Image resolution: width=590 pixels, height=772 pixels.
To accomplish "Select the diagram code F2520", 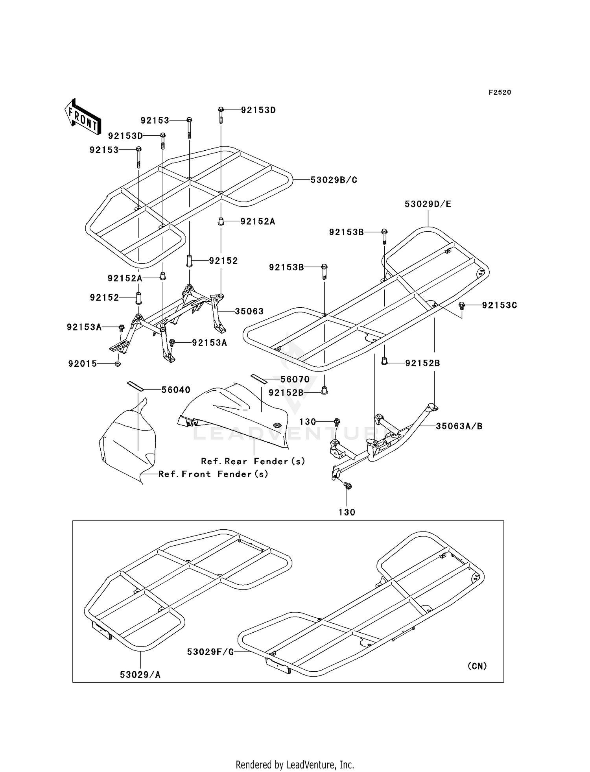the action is pyautogui.click(x=500, y=92).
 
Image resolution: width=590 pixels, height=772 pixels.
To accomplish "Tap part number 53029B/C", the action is pyautogui.click(x=334, y=180).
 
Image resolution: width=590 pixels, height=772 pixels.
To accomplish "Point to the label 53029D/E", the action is pyautogui.click(x=428, y=204).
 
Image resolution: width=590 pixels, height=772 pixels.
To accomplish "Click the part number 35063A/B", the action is pyautogui.click(x=459, y=426).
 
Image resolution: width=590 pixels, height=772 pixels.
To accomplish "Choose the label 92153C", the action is pyautogui.click(x=500, y=305).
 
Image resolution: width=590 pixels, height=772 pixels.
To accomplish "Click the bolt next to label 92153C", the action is pyautogui.click(x=462, y=305).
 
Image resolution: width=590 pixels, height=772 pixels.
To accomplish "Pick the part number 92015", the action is pyautogui.click(x=83, y=364).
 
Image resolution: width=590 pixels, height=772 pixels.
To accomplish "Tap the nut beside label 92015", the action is pyautogui.click(x=117, y=364).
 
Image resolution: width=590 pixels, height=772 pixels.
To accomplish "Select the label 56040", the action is pyautogui.click(x=176, y=390).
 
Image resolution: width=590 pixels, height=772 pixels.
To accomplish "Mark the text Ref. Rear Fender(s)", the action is pyautogui.click(x=253, y=461).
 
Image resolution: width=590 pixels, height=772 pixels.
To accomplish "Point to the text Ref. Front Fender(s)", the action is pyautogui.click(x=213, y=474).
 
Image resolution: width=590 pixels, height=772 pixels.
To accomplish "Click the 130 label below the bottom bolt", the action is pyautogui.click(x=347, y=512).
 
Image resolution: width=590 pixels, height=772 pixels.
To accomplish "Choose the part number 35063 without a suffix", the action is pyautogui.click(x=249, y=312).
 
